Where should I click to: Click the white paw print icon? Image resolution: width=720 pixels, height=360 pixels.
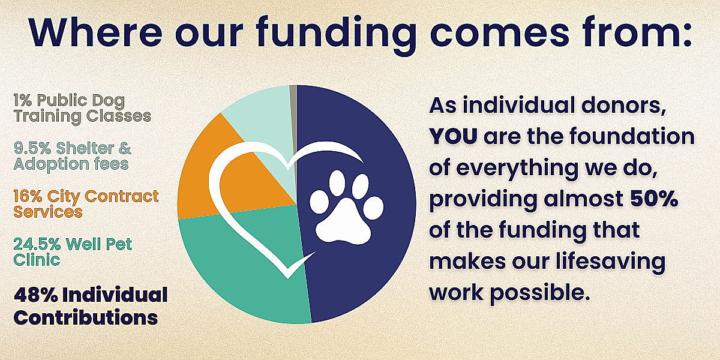tap(347, 206)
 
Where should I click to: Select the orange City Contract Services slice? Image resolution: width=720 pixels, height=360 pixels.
tap(209, 180)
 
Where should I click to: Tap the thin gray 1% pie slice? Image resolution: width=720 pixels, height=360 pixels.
tap(293, 128)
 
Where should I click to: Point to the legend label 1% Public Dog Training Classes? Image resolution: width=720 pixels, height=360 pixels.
tap(82, 109)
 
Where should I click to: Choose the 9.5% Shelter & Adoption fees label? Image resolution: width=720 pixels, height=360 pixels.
tap(73, 157)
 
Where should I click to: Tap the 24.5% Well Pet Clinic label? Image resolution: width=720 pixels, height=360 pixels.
tap(73, 251)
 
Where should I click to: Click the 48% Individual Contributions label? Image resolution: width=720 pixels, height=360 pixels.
tap(91, 305)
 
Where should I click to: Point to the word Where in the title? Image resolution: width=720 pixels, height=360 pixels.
tap(96, 32)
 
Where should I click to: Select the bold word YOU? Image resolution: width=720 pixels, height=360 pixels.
tap(454, 136)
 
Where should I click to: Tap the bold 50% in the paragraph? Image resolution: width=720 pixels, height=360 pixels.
tap(654, 199)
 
